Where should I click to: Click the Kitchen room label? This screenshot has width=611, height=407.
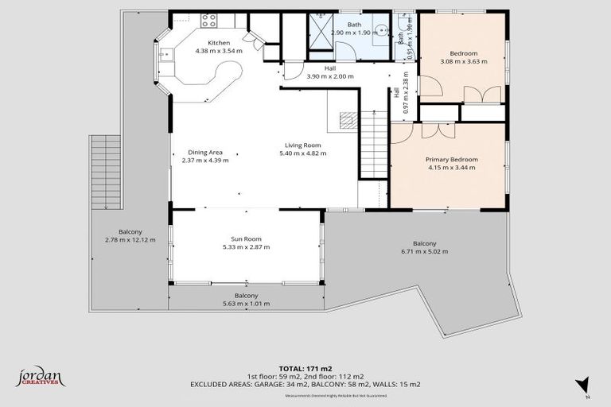(x=219, y=43)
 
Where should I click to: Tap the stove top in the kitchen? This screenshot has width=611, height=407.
(x=209, y=20)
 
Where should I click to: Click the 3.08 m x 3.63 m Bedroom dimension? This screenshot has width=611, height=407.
(x=463, y=61)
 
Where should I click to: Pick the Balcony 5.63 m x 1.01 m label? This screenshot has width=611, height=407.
(x=247, y=299)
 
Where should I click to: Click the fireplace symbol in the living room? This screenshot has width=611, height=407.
(x=348, y=121)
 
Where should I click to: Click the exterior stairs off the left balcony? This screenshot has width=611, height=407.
(x=104, y=172)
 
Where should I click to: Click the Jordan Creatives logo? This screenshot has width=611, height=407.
(x=41, y=377)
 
